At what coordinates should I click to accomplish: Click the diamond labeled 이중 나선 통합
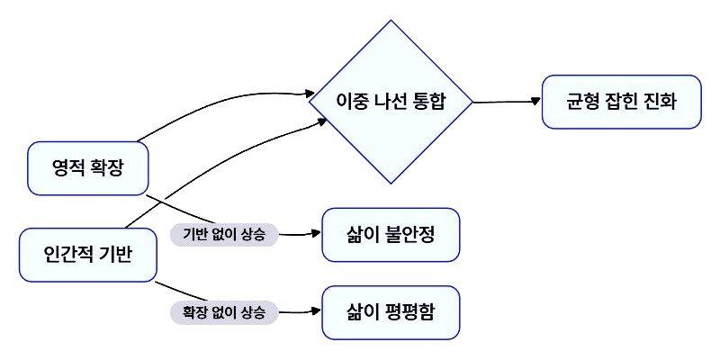(391, 102)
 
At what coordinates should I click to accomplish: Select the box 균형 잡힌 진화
(621, 100)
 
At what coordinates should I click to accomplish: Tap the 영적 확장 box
(87, 168)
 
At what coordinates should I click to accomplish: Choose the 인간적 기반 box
(87, 254)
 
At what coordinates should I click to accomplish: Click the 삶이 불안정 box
(391, 235)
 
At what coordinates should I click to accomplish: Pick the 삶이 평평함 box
(391, 312)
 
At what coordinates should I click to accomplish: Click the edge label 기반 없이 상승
(224, 235)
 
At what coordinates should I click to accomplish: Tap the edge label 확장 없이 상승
(224, 312)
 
